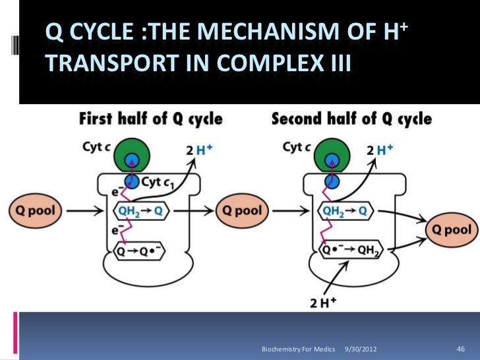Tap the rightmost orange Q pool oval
click(x=452, y=230)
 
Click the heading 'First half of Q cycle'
click(x=151, y=119)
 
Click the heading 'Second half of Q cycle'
click(x=352, y=119)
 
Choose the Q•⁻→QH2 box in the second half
click(x=351, y=251)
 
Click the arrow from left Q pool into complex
click(x=86, y=211)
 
